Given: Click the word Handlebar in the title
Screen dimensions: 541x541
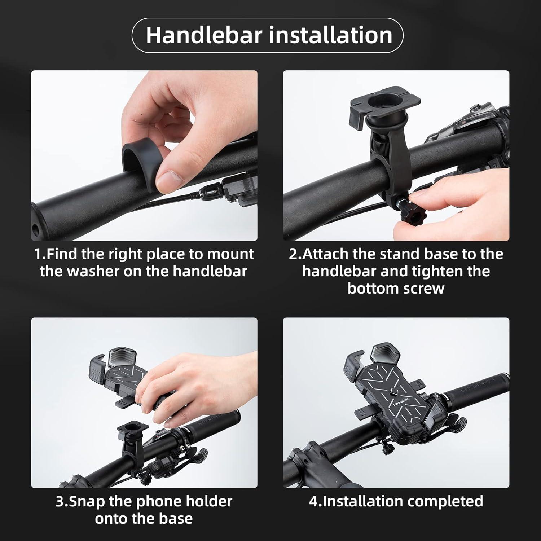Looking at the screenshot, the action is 203,35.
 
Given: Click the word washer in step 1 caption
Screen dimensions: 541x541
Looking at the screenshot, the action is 94,271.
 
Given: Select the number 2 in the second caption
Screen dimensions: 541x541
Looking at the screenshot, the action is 293,254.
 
